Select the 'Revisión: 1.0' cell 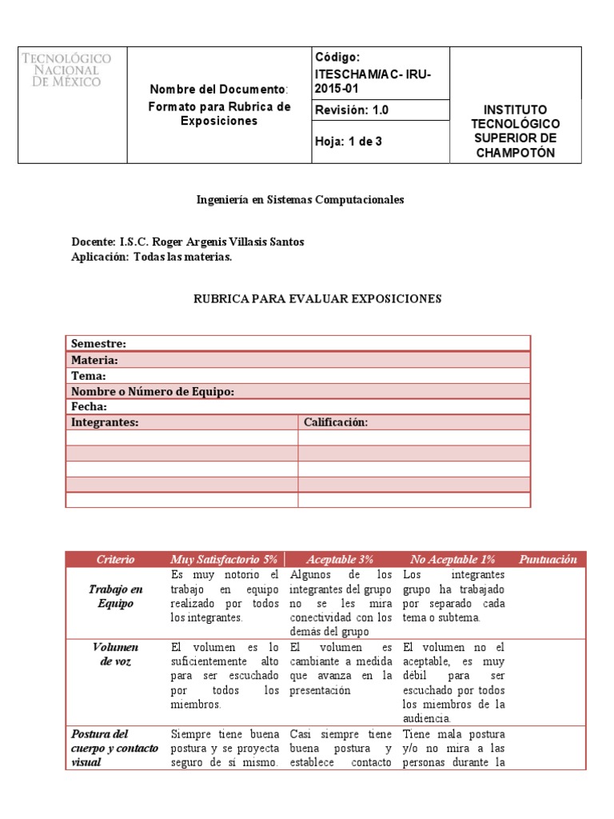[353, 110]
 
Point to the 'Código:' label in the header [338, 57]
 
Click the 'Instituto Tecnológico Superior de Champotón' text [515, 130]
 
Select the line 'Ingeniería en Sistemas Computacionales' [301, 200]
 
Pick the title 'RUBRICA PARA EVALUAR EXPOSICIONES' [317, 299]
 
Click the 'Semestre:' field [99, 344]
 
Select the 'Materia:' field [95, 360]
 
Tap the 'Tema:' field [89, 376]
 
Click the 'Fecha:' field [90, 407]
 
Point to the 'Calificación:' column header [336, 422]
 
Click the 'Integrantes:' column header [105, 422]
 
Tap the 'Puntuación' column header [547, 560]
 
